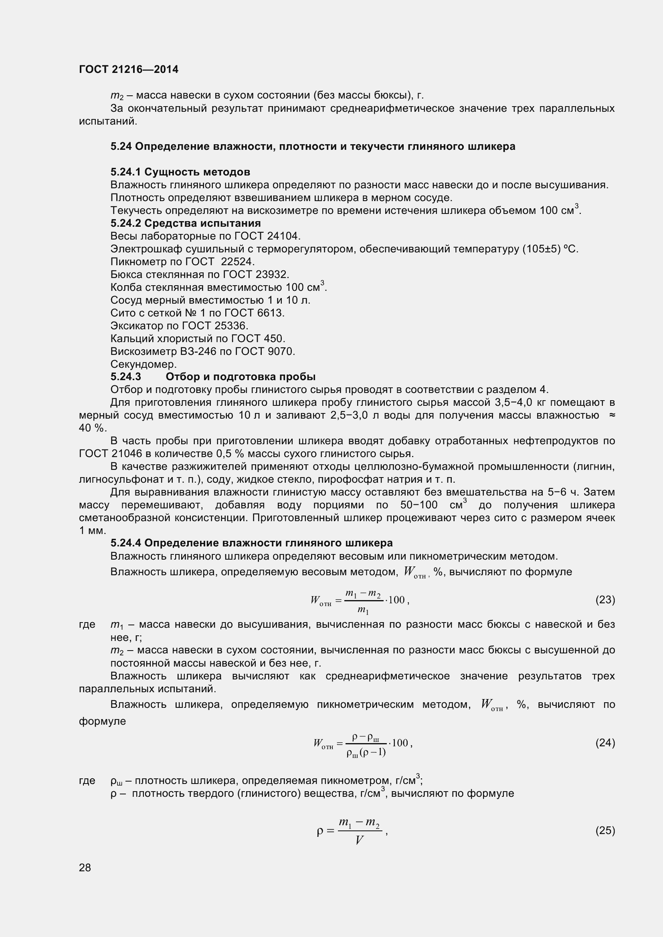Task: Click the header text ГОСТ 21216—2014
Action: [x=129, y=69]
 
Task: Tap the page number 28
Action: [x=85, y=868]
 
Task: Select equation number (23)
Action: [x=605, y=600]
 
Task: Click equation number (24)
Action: [x=605, y=743]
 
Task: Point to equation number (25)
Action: [x=605, y=830]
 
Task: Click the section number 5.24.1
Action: [x=126, y=172]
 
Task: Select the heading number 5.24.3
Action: [x=126, y=377]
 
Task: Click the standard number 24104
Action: [x=283, y=236]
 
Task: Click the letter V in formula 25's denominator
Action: [x=359, y=840]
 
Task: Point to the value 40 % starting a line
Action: [x=91, y=428]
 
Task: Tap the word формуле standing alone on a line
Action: [x=103, y=721]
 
